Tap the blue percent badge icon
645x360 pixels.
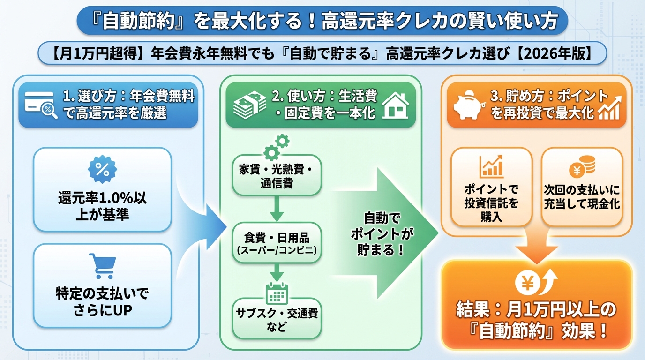102,169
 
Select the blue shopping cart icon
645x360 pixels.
102,266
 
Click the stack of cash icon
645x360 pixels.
247,105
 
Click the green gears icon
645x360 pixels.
277,147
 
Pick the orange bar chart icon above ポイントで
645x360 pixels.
491,166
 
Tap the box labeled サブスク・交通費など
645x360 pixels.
277,319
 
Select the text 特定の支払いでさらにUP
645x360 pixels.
102,302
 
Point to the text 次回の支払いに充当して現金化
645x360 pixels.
582,197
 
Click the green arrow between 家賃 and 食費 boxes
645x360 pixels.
277,209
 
